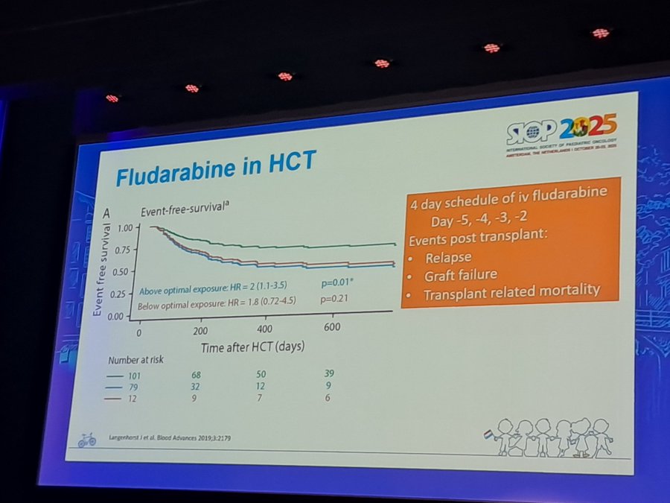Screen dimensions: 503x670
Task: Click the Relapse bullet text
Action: click(x=448, y=258)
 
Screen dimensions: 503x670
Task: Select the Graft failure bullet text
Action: click(x=461, y=275)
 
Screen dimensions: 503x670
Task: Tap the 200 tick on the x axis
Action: click(x=200, y=330)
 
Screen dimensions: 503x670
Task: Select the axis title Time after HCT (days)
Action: click(x=252, y=347)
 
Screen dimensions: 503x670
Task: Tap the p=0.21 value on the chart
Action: click(x=334, y=300)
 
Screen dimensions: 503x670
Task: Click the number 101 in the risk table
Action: click(x=133, y=375)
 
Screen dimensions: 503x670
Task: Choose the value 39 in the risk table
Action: click(x=331, y=373)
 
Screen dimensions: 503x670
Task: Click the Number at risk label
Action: click(x=135, y=360)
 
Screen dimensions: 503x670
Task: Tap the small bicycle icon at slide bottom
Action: click(x=87, y=440)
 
